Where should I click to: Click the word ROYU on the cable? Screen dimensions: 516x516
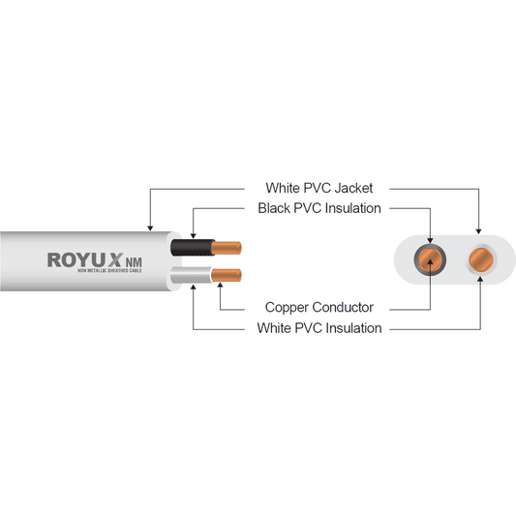(74, 259)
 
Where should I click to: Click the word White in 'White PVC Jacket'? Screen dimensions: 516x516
(284, 187)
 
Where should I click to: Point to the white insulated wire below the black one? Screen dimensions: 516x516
(189, 279)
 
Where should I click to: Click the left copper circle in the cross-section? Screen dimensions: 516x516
(429, 259)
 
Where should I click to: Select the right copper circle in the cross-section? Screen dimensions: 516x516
(478, 259)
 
